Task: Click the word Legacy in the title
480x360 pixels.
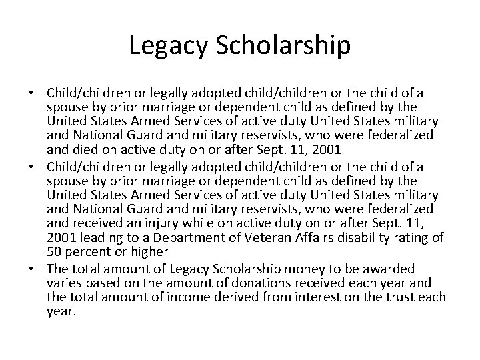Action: pos(167,46)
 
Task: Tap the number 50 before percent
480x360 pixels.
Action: pos(54,251)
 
